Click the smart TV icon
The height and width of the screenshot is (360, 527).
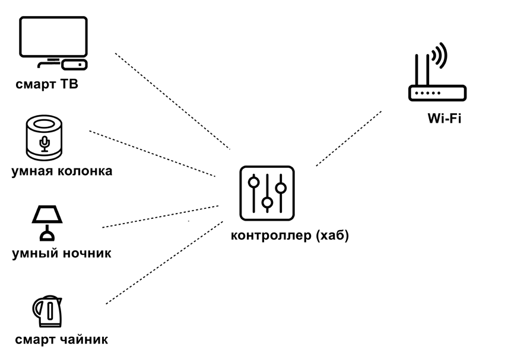[53, 38]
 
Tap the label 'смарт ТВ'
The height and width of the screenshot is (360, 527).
[47, 85]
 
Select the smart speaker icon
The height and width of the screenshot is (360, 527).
[45, 138]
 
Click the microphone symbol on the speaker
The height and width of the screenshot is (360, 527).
[44, 142]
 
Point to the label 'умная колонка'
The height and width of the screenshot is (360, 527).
[62, 171]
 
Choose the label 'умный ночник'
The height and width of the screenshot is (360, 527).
[62, 254]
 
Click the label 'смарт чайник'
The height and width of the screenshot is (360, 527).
[62, 340]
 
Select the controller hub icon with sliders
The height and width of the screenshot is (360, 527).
[267, 194]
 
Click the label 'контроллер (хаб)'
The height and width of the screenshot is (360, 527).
[290, 235]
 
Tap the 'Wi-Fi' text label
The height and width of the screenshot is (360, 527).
[445, 119]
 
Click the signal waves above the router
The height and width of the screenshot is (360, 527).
[439, 55]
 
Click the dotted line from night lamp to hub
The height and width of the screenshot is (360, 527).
[160, 216]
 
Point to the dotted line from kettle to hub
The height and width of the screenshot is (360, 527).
[164, 262]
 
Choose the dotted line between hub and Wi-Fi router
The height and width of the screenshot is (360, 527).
[349, 138]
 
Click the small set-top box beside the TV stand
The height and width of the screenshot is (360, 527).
[78, 62]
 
